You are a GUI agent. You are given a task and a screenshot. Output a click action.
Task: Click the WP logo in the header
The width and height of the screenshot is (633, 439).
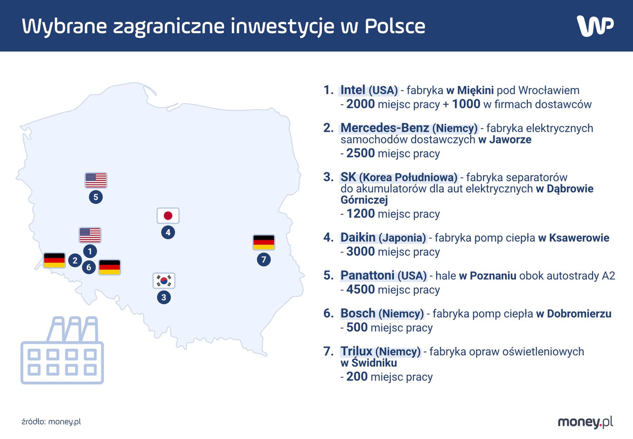595,26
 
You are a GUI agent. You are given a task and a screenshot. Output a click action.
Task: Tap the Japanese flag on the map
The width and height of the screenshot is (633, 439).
168,216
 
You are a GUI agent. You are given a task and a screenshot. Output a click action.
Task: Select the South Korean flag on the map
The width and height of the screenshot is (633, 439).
164,281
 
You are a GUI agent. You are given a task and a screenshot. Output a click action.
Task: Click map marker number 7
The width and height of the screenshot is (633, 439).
264,260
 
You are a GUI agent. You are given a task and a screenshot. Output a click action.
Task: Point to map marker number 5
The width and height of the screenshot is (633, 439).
96,197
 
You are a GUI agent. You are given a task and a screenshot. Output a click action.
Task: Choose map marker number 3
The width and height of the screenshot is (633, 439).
164,297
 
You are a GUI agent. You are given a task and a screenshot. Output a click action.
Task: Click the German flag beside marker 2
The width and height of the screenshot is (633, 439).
54,260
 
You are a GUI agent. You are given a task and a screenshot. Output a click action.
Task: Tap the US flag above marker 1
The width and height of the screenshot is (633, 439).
90,235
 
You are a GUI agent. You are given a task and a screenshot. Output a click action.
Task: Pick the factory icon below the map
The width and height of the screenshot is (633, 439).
62,350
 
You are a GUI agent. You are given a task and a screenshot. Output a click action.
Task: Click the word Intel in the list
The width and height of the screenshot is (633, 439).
352,90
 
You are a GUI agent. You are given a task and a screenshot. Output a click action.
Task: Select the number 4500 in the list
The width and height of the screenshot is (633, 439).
360,289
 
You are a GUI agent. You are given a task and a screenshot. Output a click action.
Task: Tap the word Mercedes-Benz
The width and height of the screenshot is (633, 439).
384,128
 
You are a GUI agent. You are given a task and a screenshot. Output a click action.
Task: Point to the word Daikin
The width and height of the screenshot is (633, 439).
358,237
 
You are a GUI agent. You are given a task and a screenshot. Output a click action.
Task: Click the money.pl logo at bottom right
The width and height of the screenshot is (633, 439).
585,422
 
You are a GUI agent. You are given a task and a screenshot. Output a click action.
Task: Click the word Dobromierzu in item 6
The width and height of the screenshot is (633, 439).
579,314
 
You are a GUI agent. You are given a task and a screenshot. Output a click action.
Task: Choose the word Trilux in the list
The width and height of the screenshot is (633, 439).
356,351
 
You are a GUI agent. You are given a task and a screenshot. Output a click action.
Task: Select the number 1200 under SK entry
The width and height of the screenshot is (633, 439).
360,214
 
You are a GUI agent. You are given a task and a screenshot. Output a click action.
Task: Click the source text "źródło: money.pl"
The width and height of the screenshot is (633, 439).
51,422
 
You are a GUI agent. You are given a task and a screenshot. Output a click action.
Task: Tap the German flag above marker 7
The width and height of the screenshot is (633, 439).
264,242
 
